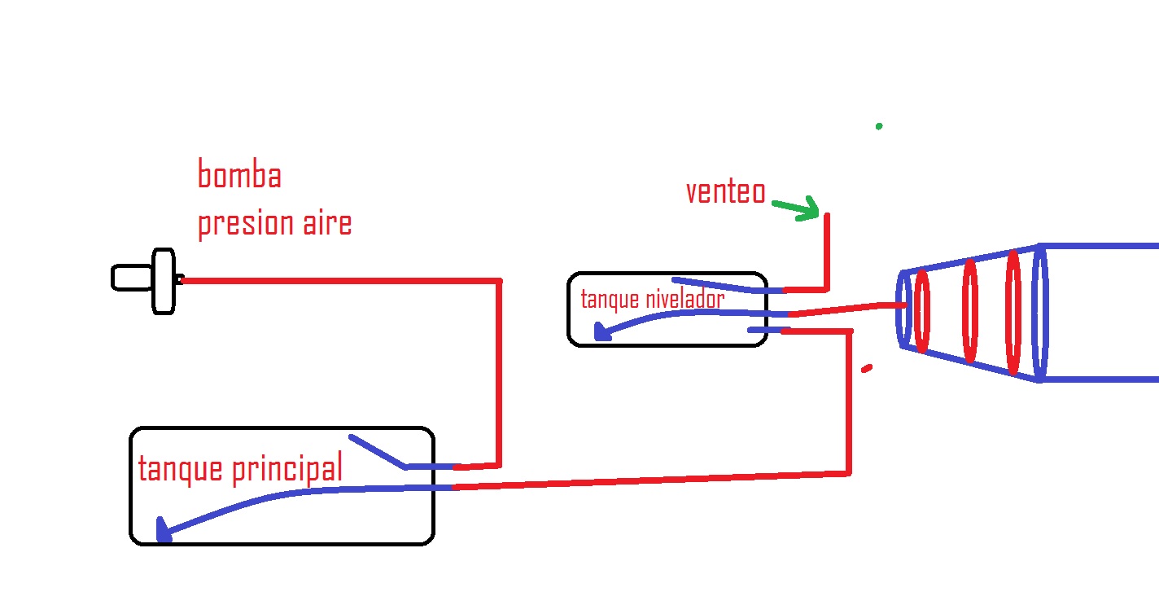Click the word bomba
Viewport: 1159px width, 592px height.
[x=239, y=174]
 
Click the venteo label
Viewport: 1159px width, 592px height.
[x=725, y=191]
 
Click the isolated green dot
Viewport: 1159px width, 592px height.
[x=879, y=126]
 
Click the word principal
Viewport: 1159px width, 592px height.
[x=287, y=468]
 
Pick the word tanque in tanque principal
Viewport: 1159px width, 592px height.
[x=181, y=470]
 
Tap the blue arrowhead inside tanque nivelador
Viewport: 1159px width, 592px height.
[x=602, y=331]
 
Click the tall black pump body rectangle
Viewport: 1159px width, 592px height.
[x=164, y=281]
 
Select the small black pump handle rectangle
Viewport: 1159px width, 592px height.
[x=132, y=278]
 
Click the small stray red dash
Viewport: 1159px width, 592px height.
[x=867, y=368]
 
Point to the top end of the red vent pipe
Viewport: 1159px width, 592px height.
[x=827, y=213]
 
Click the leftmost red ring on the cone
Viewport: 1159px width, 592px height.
[x=922, y=311]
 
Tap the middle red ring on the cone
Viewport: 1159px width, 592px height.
[x=970, y=310]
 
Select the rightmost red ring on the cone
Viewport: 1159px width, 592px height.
[x=1013, y=312]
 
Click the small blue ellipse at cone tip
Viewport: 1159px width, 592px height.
[x=904, y=309]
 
